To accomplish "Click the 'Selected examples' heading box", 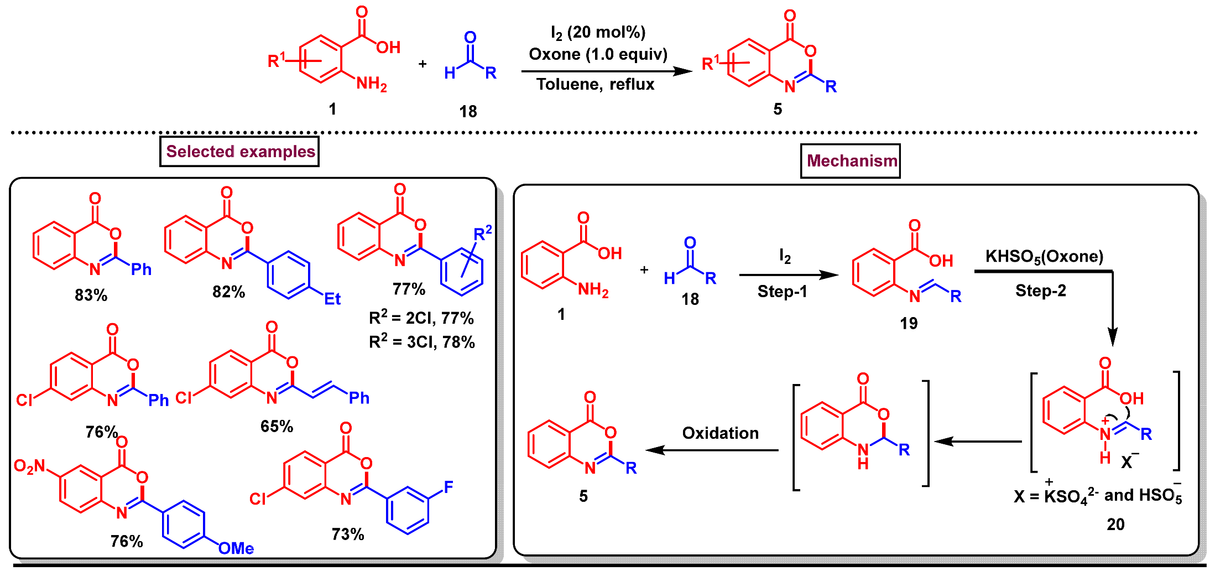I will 239,152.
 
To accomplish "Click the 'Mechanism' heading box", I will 851,161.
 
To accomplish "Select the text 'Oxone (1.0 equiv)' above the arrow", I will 598,54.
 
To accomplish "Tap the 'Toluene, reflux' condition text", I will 595,84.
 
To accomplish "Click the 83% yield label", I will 91,295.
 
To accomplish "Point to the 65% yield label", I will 277,426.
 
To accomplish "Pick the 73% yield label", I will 348,534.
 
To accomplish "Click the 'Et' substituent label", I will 332,299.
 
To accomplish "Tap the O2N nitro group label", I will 29,466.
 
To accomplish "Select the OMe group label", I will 236,548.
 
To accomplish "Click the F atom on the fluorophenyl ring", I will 449,487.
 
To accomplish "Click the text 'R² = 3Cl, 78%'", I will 422,342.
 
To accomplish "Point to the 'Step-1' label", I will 782,292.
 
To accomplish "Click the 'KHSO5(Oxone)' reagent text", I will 1044,257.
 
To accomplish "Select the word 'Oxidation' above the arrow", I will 720,433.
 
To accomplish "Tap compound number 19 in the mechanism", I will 909,323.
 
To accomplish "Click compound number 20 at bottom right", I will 1115,524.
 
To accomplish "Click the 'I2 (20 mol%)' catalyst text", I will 598,33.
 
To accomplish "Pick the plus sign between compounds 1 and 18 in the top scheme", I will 423,64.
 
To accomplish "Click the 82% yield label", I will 228,292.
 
